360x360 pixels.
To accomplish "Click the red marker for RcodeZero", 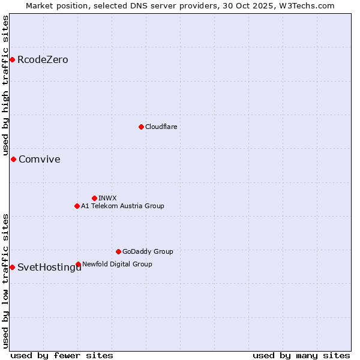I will (x=12, y=59).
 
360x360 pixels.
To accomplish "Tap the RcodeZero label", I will (x=43, y=60).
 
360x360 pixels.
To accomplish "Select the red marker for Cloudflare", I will (x=141, y=127).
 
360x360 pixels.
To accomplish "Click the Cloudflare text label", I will (x=161, y=127).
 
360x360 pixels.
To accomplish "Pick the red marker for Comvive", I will (x=13, y=159).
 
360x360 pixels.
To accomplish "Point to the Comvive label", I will (x=40, y=160).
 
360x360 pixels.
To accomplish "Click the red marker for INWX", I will (x=94, y=198).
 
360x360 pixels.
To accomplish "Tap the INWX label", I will (x=107, y=199).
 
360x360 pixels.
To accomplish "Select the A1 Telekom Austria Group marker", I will (x=77, y=206).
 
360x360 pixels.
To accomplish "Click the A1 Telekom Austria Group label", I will (x=122, y=206).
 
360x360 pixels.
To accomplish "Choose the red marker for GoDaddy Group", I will (x=118, y=251).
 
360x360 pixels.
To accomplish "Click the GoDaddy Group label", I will (x=148, y=252).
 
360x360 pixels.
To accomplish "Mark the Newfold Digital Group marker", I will (x=78, y=264).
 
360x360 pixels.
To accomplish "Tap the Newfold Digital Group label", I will (x=117, y=265).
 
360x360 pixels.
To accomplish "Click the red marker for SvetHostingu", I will (x=12, y=267).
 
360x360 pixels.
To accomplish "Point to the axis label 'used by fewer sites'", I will (x=62, y=355).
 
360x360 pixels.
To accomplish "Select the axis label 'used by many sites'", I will (x=301, y=355).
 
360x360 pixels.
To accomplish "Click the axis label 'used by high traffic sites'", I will (x=6, y=86).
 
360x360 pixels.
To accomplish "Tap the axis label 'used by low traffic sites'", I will (x=6, y=280).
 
